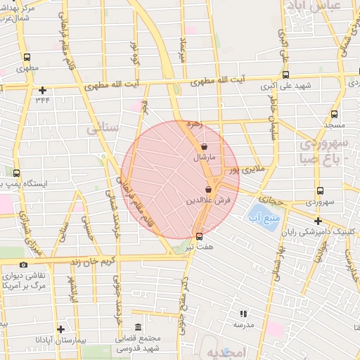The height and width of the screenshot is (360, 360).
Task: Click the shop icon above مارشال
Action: [204, 147]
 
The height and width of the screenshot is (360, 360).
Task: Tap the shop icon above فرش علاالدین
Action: [208, 189]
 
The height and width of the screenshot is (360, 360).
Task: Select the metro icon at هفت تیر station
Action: [199, 236]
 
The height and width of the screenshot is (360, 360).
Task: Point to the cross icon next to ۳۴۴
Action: [43, 90]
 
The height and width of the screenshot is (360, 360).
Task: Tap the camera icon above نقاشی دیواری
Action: [24, 264]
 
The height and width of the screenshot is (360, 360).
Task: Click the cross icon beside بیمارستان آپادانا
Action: [60, 328]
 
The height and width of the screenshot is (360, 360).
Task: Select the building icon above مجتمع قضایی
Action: [137, 328]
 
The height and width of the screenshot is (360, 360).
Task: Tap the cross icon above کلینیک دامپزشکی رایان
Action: [317, 220]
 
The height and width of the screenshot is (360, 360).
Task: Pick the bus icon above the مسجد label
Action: [333, 113]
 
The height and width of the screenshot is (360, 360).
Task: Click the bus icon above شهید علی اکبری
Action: [285, 75]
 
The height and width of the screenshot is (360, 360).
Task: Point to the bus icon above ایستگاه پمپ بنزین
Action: [17, 172]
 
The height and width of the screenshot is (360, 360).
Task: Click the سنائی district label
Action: [103, 129]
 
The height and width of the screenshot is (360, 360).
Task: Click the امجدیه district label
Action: [233, 352]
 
